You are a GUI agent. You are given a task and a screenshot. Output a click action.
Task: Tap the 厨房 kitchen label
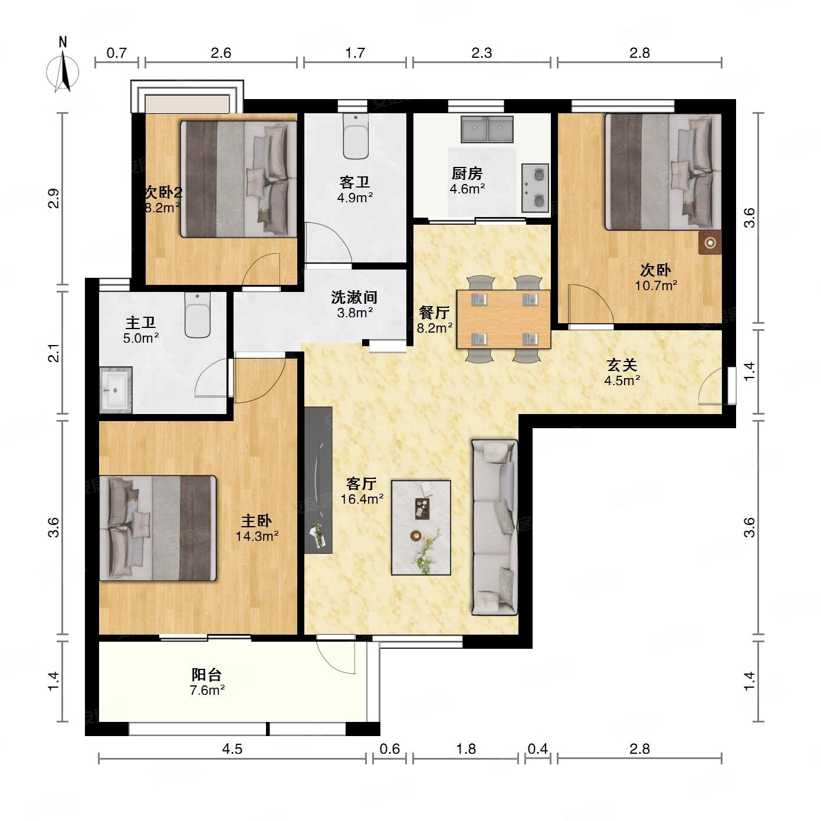coord(467,173)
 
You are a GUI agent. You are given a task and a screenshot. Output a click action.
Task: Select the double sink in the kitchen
coord(487,129)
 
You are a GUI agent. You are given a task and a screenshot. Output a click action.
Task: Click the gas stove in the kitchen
coord(535,188)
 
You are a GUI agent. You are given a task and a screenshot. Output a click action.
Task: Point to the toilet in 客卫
coord(356,136)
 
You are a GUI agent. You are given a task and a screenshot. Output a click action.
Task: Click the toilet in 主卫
coord(197,315)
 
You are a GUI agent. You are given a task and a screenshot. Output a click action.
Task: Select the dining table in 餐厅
coord(503,319)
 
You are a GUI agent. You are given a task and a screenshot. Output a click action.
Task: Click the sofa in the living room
coord(494,527)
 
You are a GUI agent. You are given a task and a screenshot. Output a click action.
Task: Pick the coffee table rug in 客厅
coord(421,527)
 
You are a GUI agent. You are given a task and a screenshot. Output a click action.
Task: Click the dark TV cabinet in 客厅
coord(318,480)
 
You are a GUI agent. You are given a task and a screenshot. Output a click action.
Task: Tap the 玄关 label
coord(622,365)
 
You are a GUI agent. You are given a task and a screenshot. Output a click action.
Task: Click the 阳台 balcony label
coord(206,675)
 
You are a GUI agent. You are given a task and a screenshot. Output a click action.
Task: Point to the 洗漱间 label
coord(354,297)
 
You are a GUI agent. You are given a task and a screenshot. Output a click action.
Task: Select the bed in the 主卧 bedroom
coord(157,528)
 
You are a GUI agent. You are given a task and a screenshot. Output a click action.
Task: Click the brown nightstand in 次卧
coord(710,243)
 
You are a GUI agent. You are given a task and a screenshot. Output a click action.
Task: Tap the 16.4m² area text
coord(362,499)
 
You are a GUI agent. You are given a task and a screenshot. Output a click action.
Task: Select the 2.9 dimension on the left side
coord(54,198)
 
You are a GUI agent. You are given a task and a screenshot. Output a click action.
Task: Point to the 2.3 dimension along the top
coord(482,53)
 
